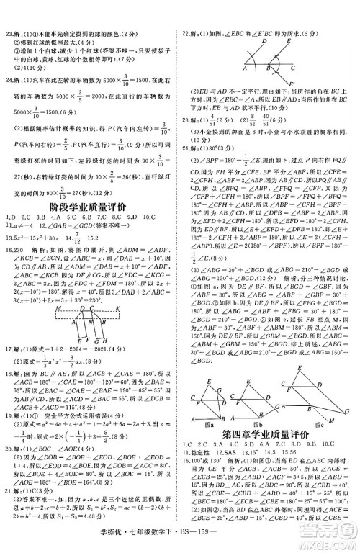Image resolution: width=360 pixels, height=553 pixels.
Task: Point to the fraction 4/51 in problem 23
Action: [212, 119]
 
